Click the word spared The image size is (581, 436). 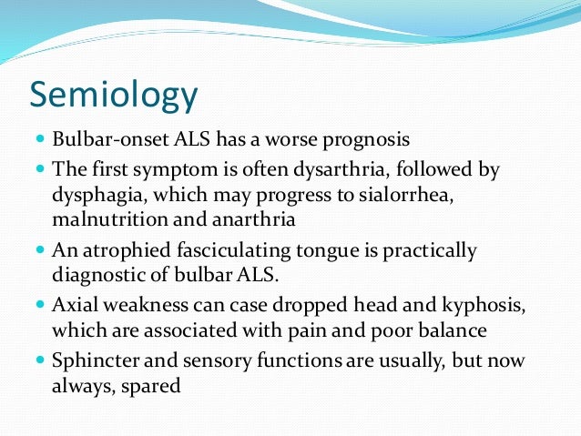(x=153, y=384)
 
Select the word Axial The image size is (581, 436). (x=76, y=305)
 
